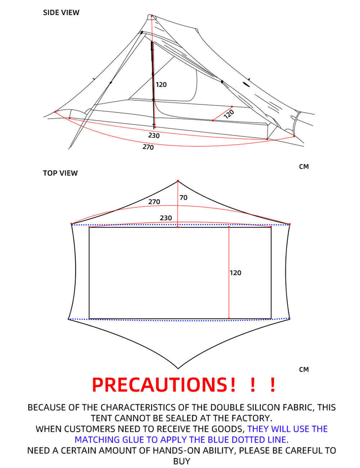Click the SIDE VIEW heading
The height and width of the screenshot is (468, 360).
pyautogui.click(x=61, y=13)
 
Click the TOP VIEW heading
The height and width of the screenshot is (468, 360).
pyautogui.click(x=60, y=173)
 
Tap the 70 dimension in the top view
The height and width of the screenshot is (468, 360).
pyautogui.click(x=184, y=198)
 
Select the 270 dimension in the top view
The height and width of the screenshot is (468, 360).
pyautogui.click(x=154, y=202)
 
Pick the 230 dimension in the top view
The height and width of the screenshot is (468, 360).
pyautogui.click(x=166, y=218)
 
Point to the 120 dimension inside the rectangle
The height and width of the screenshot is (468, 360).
pyautogui.click(x=235, y=273)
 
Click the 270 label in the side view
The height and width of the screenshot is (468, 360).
pyautogui.click(x=148, y=147)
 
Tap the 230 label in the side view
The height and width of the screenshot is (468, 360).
pyautogui.click(x=154, y=136)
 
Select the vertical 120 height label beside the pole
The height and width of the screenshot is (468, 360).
pyautogui.click(x=161, y=85)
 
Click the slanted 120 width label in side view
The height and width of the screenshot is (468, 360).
pyautogui.click(x=229, y=114)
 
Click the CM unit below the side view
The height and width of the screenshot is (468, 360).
pyautogui.click(x=304, y=167)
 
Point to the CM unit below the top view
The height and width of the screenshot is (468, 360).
pyautogui.click(x=304, y=370)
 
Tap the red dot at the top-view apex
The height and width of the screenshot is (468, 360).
pyautogui.click(x=178, y=181)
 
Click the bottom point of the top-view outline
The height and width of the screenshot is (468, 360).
pyautogui.click(x=178, y=368)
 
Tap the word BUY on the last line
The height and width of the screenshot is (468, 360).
pyautogui.click(x=181, y=461)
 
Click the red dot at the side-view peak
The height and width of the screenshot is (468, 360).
pyautogui.click(x=152, y=16)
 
